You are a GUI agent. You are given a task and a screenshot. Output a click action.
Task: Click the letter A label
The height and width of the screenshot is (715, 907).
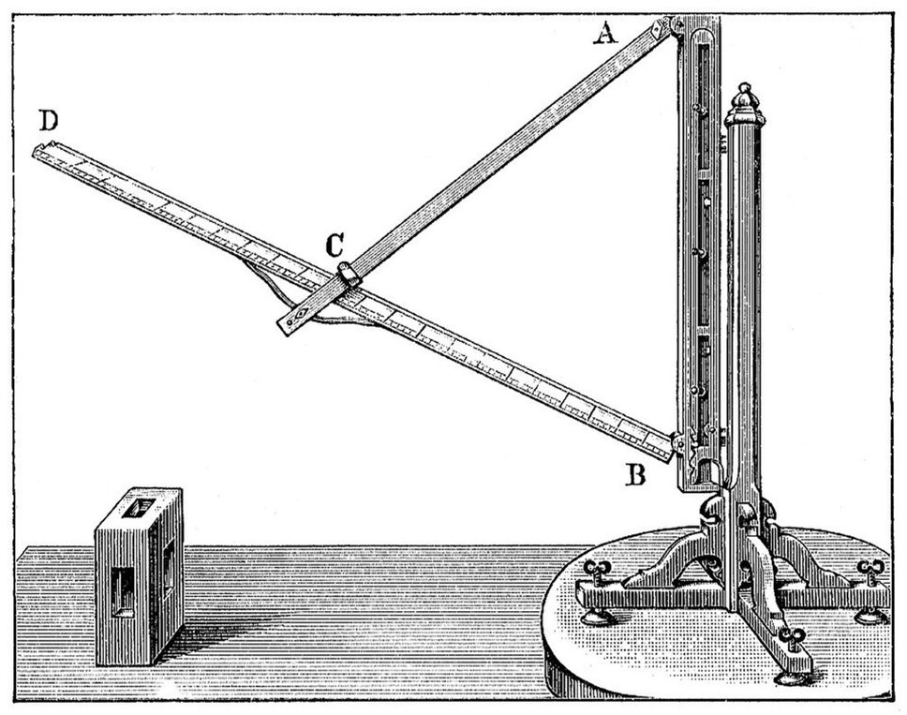[605, 34]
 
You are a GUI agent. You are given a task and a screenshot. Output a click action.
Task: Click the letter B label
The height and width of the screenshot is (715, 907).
[636, 474]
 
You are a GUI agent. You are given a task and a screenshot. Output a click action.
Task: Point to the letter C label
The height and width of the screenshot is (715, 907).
[335, 246]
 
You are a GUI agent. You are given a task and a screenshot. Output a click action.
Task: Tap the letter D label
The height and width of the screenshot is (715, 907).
[49, 121]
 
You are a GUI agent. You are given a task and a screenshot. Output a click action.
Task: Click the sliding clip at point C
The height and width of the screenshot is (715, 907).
[349, 274]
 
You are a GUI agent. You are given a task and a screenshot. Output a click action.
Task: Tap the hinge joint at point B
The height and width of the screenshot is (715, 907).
[678, 442]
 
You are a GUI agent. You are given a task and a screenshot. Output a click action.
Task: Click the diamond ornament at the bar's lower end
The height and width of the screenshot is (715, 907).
[300, 316]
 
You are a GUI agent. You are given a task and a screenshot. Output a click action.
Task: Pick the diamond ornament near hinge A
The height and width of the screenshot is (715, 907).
[657, 29]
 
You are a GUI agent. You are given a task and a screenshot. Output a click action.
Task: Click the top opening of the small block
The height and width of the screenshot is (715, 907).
[139, 508]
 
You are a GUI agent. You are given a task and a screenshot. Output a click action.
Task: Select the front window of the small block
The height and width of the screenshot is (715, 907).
[123, 591]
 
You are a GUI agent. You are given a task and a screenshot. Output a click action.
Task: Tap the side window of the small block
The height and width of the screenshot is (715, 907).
[169, 564]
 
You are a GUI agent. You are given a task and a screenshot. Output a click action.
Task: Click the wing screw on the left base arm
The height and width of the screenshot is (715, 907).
[595, 570]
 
